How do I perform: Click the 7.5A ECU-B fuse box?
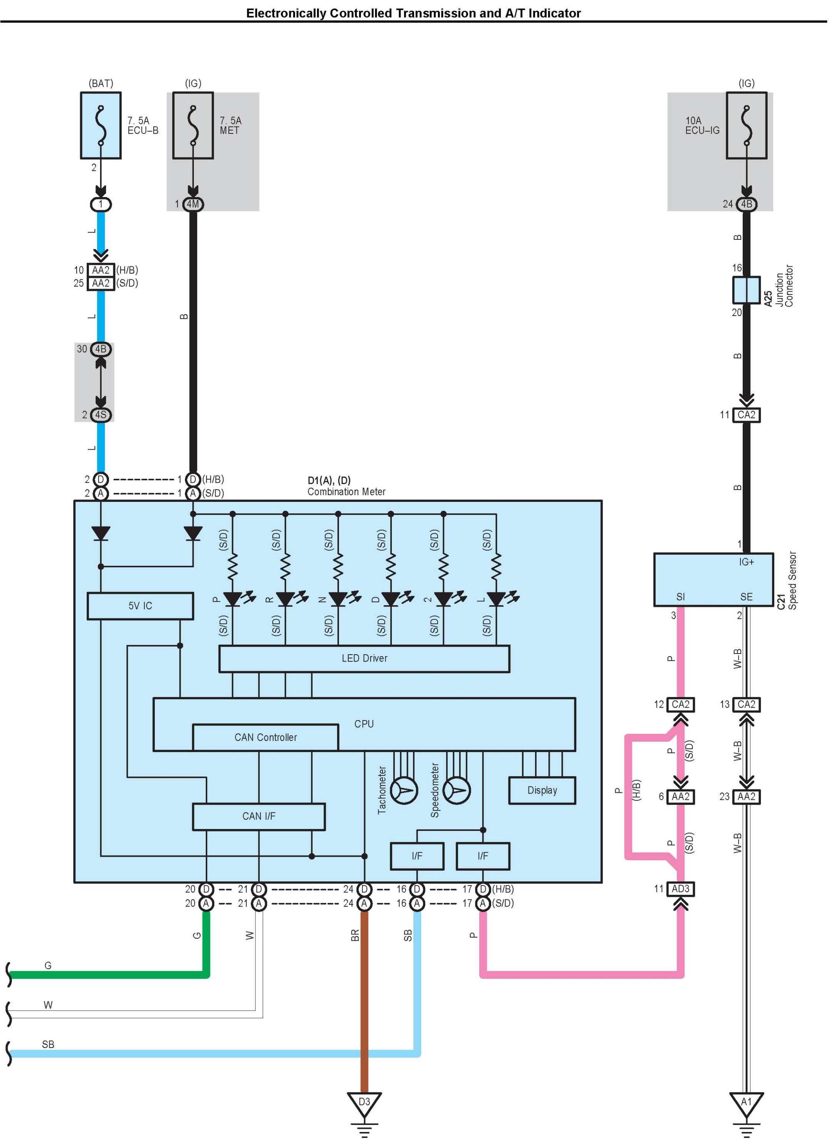click(101, 125)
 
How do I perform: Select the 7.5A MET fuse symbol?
click(193, 125)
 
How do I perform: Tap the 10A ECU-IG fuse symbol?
click(746, 125)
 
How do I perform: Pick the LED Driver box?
click(364, 658)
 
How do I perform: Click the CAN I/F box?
click(258, 816)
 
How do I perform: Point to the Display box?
click(542, 790)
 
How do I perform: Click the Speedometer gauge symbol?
click(457, 791)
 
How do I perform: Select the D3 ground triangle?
click(364, 1105)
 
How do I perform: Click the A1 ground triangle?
click(746, 1105)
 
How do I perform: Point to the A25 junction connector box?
click(746, 290)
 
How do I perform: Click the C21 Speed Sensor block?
click(713, 580)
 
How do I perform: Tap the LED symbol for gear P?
click(233, 599)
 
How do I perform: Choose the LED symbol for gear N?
click(339, 599)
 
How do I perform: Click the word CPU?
click(364, 724)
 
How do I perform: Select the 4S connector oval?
click(101, 415)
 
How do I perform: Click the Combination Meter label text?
click(347, 492)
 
